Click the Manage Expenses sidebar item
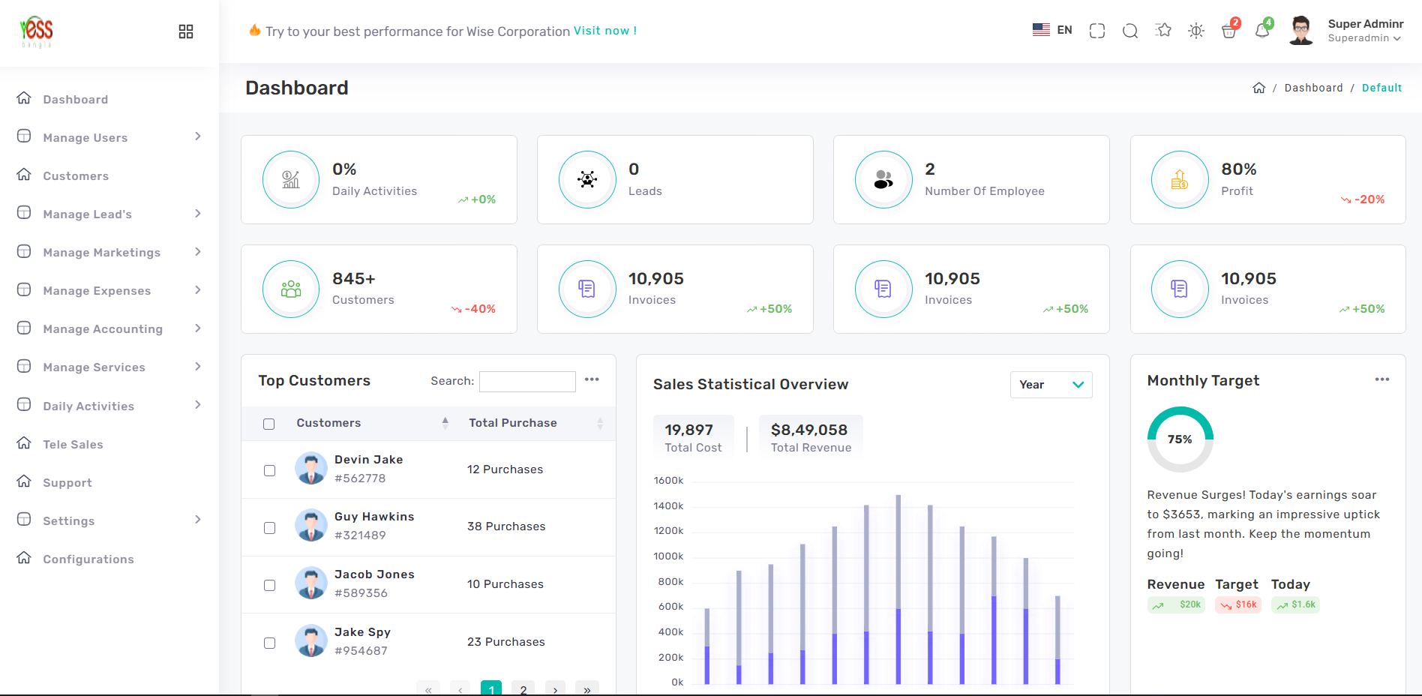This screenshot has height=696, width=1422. (x=97, y=291)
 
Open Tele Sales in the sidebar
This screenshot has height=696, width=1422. (x=73, y=445)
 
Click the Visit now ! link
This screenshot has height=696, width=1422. (x=604, y=31)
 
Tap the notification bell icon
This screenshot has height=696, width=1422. (x=1262, y=31)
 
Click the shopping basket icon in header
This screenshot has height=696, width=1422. (x=1228, y=31)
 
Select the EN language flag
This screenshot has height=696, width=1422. (x=1041, y=30)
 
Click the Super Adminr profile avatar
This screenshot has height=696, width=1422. (x=1301, y=31)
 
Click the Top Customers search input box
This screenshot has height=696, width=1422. (x=527, y=381)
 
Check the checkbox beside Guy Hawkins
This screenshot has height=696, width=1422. (x=269, y=528)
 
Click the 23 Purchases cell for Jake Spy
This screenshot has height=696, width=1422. (x=505, y=642)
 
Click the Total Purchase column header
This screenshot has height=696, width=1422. (x=513, y=423)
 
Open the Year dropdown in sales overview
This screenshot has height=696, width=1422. (x=1051, y=385)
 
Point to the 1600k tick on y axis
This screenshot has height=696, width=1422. (x=668, y=481)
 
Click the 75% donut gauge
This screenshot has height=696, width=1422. (x=1180, y=439)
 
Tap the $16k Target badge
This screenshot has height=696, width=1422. (x=1238, y=605)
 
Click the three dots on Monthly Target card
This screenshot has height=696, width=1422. (x=1381, y=379)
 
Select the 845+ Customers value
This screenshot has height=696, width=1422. (x=354, y=279)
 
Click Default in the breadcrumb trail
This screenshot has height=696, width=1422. (x=1381, y=88)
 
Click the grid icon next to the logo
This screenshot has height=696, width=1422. (x=186, y=31)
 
